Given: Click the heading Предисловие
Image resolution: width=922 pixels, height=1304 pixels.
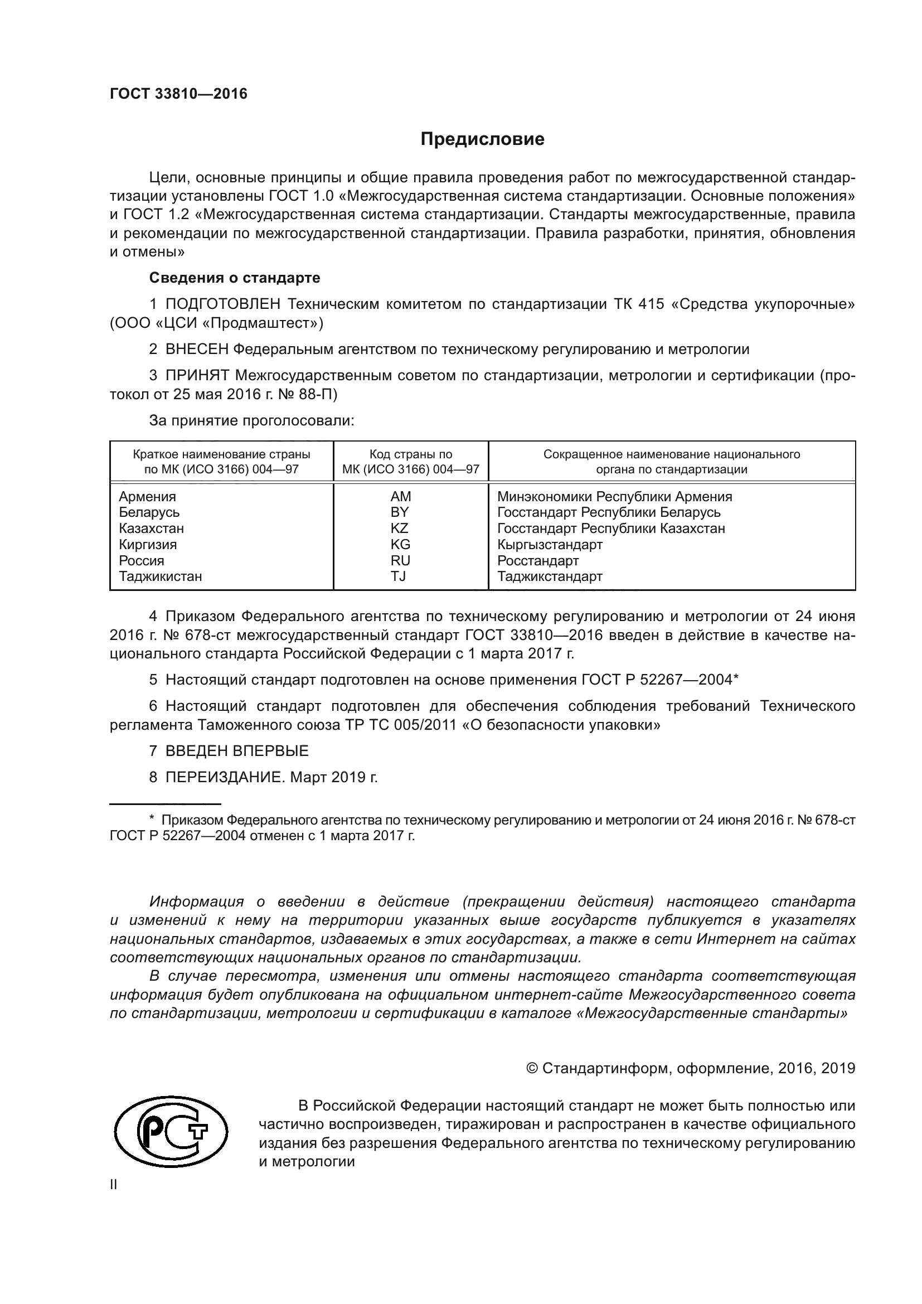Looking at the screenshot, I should coord(482,139).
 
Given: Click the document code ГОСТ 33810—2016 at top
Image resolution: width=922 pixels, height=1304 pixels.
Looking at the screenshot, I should coord(178,94).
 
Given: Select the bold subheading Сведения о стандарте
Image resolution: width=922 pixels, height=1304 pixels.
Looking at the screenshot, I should coord(235,278).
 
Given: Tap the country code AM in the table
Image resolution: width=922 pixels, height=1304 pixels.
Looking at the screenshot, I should coord(400,496).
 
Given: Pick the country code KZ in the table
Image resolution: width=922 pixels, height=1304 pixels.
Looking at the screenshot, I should coord(400,528).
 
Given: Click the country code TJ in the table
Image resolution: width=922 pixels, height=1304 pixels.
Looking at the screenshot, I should coord(399,576).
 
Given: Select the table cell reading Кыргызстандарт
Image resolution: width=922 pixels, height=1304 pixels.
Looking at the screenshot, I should coord(550,544).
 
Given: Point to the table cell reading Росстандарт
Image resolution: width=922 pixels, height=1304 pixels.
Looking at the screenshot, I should coord(537,560).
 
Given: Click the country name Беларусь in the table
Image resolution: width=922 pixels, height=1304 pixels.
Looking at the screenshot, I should coord(149,512).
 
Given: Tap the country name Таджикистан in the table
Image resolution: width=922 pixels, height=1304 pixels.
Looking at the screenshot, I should coord(160,576).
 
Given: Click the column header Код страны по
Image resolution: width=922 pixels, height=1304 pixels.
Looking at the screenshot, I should coord(410,454).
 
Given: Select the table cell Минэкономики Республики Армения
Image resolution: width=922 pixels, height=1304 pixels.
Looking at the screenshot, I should coord(614,496).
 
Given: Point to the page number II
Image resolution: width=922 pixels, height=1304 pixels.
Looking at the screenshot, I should coord(114,1185).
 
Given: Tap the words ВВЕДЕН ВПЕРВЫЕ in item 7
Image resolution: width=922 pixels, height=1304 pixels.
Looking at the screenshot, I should coord(237,751).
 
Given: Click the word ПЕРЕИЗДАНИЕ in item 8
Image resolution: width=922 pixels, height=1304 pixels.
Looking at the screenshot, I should coord(224,777).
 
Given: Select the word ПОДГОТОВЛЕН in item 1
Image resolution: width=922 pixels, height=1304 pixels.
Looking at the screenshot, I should coord(222,304).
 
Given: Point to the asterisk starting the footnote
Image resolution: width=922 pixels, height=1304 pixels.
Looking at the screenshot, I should coord(152,820).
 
